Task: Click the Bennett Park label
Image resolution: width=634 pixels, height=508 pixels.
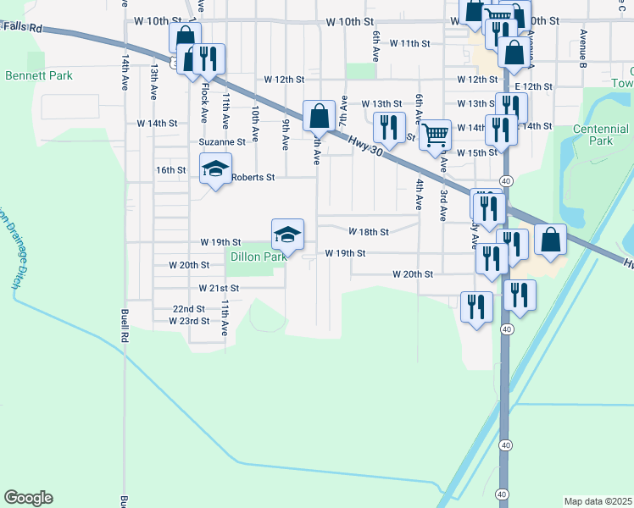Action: pos(39,75)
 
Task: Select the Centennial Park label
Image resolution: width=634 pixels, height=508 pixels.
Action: pos(600,135)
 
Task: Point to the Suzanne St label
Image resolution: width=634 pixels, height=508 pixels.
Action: pos(222,142)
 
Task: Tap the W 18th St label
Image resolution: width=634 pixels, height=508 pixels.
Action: pos(369,231)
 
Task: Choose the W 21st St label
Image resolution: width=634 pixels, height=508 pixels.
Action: pos(220,288)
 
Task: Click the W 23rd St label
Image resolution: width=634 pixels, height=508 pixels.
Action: pos(189,321)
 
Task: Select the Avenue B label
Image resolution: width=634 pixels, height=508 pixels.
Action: pos(584,47)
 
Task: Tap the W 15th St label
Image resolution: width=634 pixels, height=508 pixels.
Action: pos(476,152)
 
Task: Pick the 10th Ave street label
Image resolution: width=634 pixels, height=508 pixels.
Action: pos(254,117)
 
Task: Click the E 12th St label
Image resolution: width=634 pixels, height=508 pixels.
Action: pos(533,86)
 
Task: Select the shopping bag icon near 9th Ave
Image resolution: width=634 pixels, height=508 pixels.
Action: pos(320,114)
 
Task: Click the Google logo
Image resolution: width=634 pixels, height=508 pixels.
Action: pos(28,498)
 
